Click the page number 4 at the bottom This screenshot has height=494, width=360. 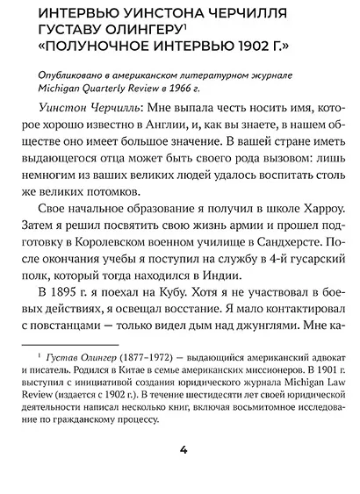click(183, 475)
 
